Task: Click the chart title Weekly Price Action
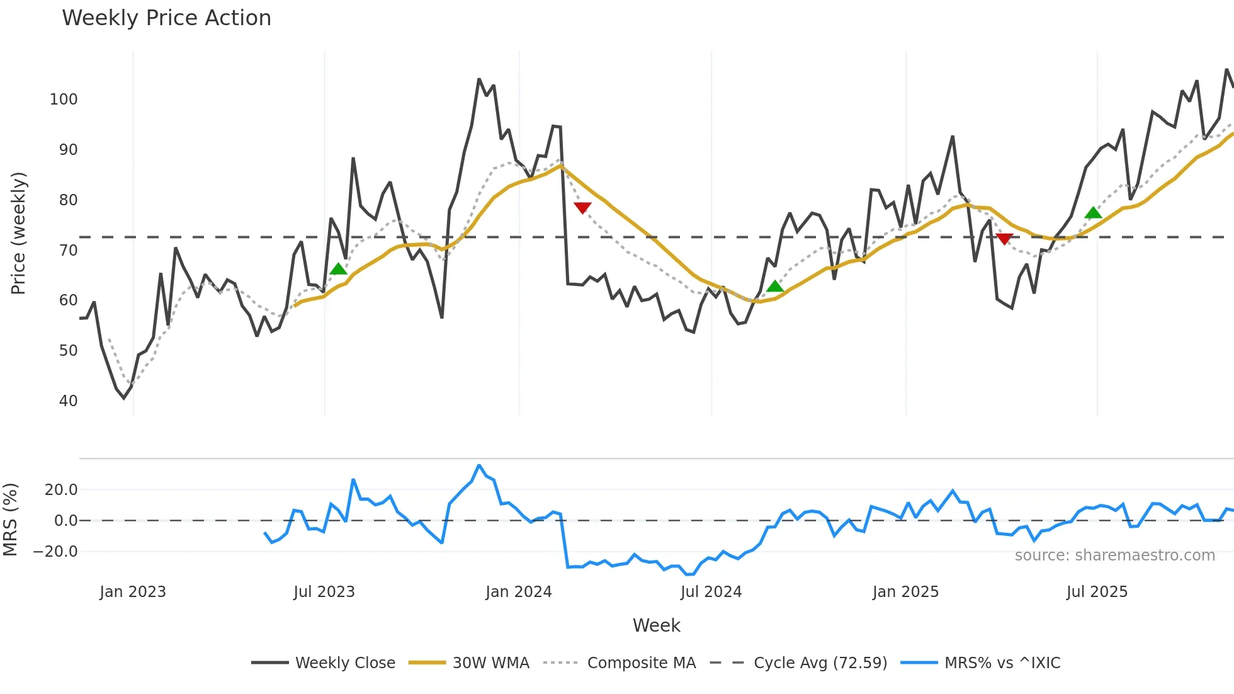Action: pyautogui.click(x=166, y=18)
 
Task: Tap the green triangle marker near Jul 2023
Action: pyautogui.click(x=338, y=270)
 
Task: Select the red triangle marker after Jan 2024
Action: pyautogui.click(x=582, y=208)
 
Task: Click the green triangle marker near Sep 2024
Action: pyautogui.click(x=775, y=287)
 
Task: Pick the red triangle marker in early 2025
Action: pyautogui.click(x=1005, y=239)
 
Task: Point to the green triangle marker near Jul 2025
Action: pyautogui.click(x=1094, y=213)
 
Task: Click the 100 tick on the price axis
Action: pyautogui.click(x=64, y=100)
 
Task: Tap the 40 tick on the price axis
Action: pyautogui.click(x=68, y=401)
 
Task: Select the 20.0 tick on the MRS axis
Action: pyautogui.click(x=61, y=490)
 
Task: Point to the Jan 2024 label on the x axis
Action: pyautogui.click(x=518, y=592)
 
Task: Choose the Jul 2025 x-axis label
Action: pyautogui.click(x=1097, y=592)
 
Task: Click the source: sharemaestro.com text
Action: pyautogui.click(x=1114, y=555)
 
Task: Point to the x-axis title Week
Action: pyautogui.click(x=656, y=625)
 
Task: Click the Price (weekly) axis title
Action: pyautogui.click(x=18, y=233)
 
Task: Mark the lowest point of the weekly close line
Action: pyautogui.click(x=124, y=398)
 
